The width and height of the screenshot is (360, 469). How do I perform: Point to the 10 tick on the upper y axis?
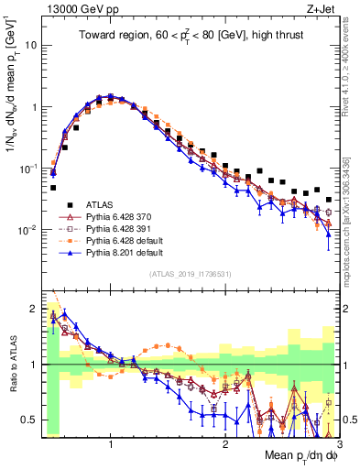click(34, 45)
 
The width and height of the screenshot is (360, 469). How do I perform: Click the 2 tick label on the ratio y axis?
click(37, 308)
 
